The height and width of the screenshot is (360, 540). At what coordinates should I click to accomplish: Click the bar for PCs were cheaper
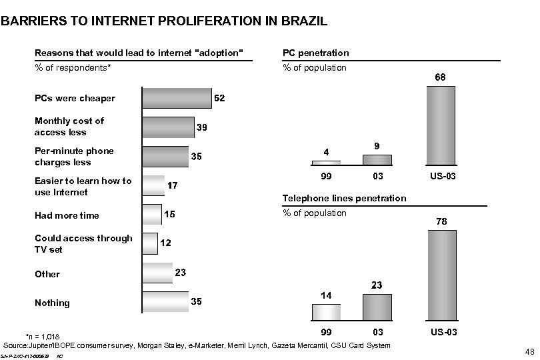pyautogui.click(x=177, y=98)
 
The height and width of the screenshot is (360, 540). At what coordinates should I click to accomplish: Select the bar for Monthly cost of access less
pyautogui.click(x=168, y=126)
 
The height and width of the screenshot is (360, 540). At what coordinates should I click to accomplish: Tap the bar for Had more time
pyautogui.click(x=152, y=215)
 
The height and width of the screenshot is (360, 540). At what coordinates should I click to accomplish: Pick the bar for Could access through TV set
pyautogui.click(x=150, y=243)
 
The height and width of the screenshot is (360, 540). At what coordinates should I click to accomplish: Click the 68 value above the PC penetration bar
pyautogui.click(x=441, y=78)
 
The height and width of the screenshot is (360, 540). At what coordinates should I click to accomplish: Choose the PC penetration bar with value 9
pyautogui.click(x=377, y=159)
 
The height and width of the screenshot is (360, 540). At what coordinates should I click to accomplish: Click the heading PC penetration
pyautogui.click(x=315, y=53)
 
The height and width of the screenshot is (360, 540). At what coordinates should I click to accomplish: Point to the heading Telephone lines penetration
pyautogui.click(x=344, y=198)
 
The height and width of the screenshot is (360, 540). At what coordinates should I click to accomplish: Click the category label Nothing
pyautogui.click(x=52, y=303)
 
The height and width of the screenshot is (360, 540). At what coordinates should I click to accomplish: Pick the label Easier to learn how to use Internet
pyautogui.click(x=83, y=187)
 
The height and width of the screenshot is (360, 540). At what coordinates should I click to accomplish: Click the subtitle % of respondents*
pyautogui.click(x=73, y=67)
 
